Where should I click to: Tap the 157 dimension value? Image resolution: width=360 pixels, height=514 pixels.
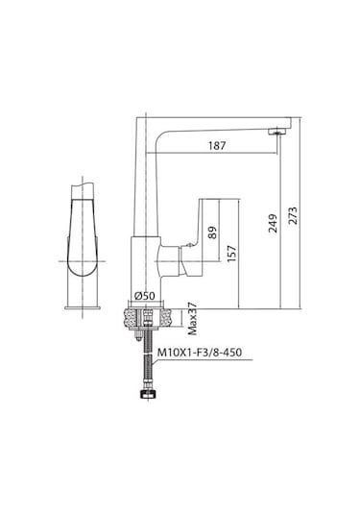click(232, 252)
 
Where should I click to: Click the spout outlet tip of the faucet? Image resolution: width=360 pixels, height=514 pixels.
click(278, 129)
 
